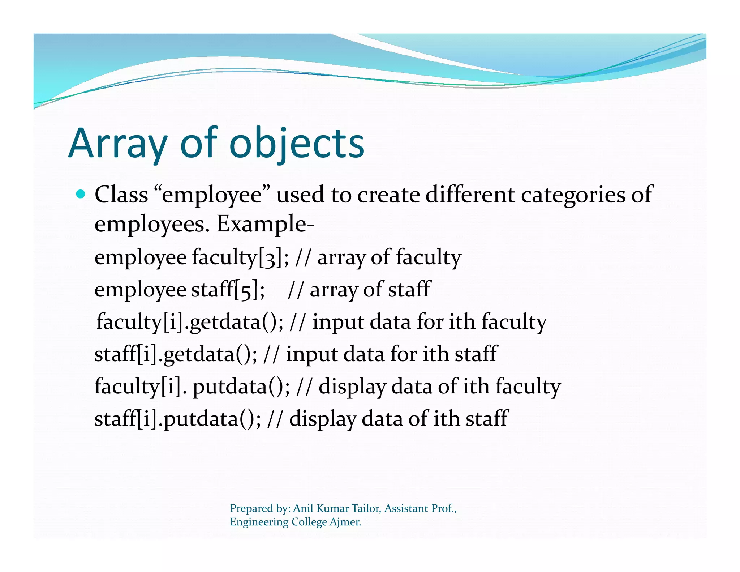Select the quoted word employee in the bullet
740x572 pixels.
point(212,195)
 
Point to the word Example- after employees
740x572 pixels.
point(266,224)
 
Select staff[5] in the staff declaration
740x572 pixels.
point(228,290)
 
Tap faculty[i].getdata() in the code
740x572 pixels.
point(190,322)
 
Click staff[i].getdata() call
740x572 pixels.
point(176,354)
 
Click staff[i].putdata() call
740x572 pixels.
point(177,419)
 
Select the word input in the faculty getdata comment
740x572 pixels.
point(338,322)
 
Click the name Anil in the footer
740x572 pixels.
point(303,508)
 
